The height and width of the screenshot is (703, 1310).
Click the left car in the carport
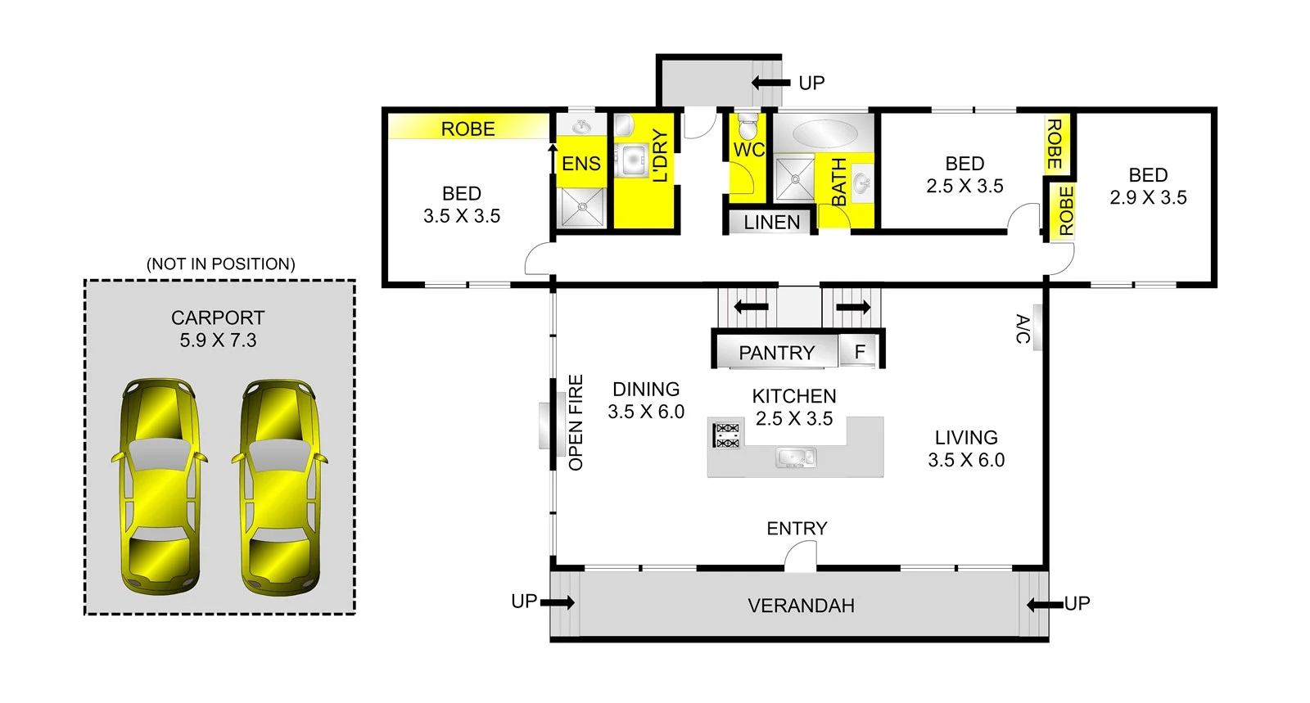pos(160,487)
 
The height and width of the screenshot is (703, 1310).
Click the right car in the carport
pos(279,487)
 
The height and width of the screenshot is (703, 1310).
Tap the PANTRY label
pos(776,353)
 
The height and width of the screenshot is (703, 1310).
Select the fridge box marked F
pos(860,352)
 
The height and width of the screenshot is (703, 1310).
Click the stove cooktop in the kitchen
pos(727,435)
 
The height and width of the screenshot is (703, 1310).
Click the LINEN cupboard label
pos(771,223)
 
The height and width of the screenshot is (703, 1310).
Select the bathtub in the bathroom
pos(822,133)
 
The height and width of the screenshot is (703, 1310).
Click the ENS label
pos(581,164)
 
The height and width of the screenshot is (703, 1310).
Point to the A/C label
pos(1023,329)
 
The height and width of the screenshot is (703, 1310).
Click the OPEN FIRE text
pos(576,422)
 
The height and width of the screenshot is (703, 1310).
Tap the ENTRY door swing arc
pos(799,557)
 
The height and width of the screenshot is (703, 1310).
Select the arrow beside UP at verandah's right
pos(1045,605)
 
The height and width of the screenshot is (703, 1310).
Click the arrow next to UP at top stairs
pos(770,83)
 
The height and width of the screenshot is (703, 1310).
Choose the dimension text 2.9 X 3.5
pos(1148,197)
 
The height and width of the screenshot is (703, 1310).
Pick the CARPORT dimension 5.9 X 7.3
pos(218,340)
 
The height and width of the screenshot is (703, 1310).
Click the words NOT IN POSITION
pos(221,264)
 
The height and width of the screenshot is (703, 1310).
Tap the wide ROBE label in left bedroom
pos(468,128)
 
